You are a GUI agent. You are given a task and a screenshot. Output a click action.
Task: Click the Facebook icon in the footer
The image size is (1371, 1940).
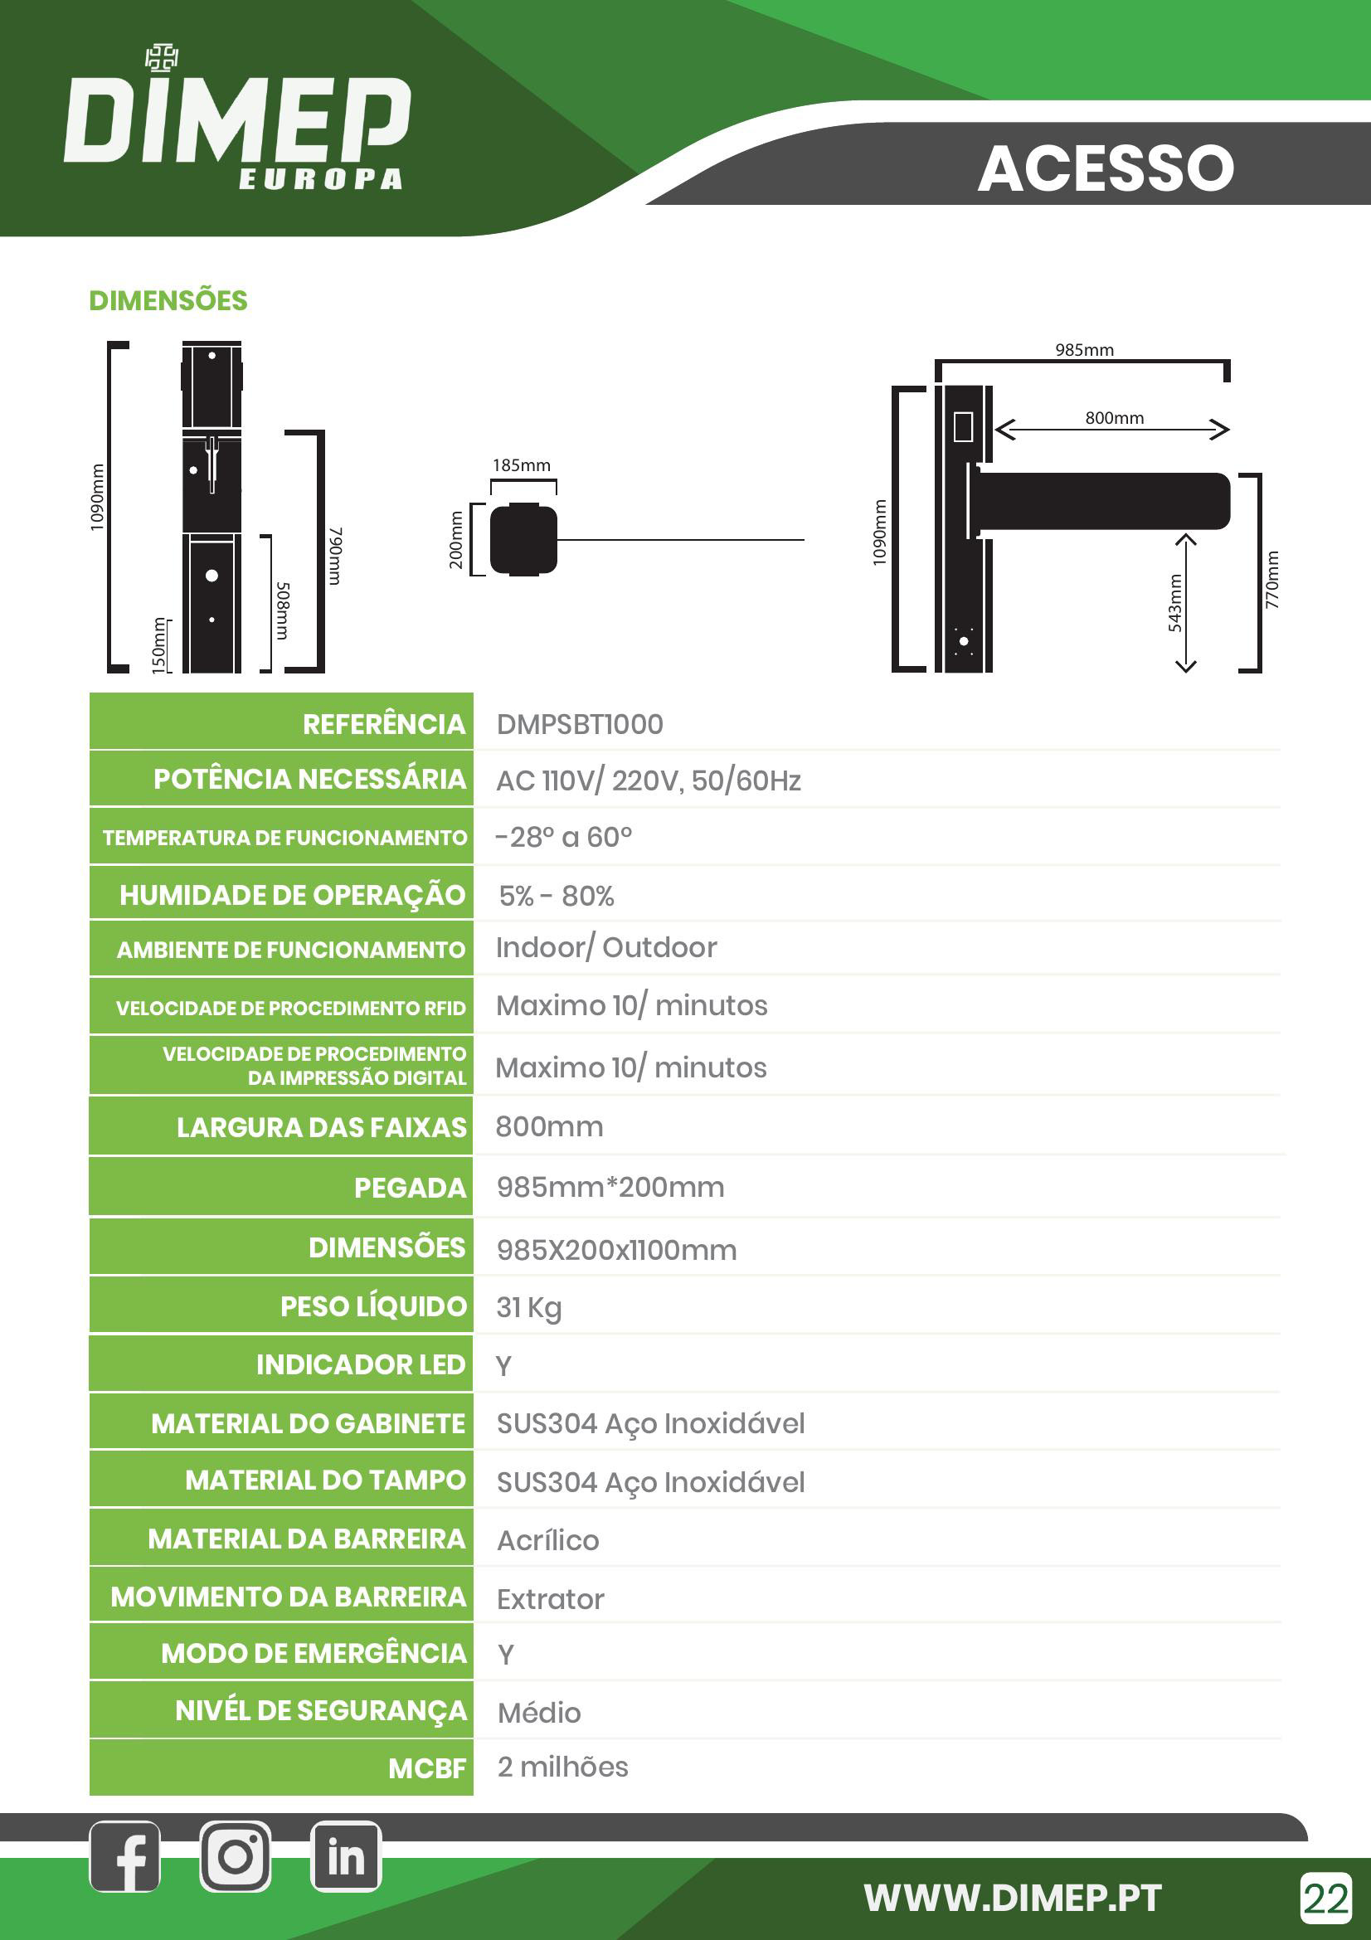[x=125, y=1857]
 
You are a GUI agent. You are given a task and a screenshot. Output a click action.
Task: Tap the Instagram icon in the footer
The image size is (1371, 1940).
[x=236, y=1857]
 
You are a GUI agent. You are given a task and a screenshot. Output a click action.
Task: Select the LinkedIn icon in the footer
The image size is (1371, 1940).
[x=347, y=1857]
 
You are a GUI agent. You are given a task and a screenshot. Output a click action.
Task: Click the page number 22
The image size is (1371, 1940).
[x=1326, y=1898]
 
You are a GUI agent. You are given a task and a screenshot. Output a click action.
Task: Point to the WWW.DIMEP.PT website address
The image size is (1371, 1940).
[x=1012, y=1898]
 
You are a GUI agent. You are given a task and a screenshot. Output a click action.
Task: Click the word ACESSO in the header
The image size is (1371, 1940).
[x=1106, y=168]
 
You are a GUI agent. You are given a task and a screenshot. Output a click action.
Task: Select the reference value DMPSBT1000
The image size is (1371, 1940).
[x=580, y=724]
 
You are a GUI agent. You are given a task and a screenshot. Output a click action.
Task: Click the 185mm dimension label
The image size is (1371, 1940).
[x=521, y=465]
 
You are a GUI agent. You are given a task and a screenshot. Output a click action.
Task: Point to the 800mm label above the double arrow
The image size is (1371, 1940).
[x=1114, y=418]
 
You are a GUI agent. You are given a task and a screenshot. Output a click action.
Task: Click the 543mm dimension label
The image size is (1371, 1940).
[x=1175, y=602]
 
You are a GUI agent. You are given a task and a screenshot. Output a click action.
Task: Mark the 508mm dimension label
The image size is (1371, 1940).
[x=284, y=610]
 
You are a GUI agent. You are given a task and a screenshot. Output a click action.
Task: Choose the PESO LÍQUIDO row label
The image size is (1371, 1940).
[x=373, y=1306]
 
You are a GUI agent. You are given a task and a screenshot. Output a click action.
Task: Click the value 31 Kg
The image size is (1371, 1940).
[x=529, y=1307]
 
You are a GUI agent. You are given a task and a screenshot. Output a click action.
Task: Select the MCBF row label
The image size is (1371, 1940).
[x=426, y=1767]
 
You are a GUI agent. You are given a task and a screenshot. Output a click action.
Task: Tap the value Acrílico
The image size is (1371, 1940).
[x=547, y=1540]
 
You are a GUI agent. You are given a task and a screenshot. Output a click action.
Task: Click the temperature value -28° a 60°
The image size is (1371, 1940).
[x=563, y=838]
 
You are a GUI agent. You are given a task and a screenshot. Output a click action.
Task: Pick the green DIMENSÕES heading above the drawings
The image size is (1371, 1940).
[x=168, y=301]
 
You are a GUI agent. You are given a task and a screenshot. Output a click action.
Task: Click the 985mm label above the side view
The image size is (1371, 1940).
[x=1084, y=350]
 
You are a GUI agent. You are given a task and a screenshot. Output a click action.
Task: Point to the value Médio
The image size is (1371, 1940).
[x=539, y=1713]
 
